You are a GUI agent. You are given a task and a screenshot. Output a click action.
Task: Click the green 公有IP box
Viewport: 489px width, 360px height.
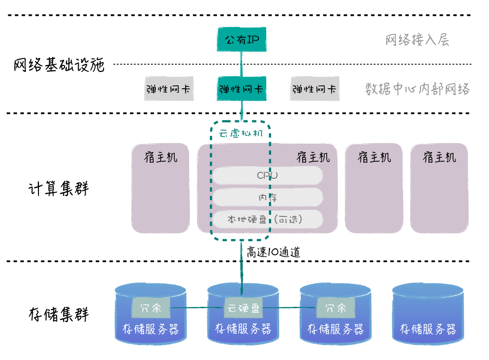click(x=242, y=40)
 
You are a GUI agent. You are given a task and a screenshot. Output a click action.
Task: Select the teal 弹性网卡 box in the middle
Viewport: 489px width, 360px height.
click(x=242, y=89)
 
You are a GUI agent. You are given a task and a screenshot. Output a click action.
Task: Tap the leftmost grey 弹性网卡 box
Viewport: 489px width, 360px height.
click(x=169, y=89)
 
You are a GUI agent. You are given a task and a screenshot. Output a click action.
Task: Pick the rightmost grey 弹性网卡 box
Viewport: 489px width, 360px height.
click(x=315, y=89)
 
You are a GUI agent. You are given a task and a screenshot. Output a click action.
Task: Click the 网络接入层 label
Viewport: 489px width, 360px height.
click(x=417, y=40)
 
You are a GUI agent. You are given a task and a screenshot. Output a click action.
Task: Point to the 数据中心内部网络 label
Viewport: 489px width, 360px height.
click(x=417, y=89)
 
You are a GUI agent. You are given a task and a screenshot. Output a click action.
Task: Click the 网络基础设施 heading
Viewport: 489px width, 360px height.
click(x=59, y=65)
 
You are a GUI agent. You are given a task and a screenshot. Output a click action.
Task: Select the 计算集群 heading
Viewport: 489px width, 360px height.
click(x=59, y=189)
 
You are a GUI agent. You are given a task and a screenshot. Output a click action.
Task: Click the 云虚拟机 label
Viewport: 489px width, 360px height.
click(x=241, y=133)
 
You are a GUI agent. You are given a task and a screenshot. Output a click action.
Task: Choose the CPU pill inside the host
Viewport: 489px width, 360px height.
click(x=268, y=175)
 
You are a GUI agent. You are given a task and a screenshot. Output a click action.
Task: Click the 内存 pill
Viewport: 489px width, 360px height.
click(x=268, y=197)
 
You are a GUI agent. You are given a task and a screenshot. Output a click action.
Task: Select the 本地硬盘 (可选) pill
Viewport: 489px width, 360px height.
click(x=268, y=219)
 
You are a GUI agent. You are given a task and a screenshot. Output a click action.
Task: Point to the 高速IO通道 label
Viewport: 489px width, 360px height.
click(x=273, y=252)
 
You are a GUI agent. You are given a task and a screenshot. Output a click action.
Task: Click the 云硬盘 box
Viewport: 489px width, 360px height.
click(x=243, y=307)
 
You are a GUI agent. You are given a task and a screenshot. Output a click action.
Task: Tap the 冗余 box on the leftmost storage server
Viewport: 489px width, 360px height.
click(x=151, y=307)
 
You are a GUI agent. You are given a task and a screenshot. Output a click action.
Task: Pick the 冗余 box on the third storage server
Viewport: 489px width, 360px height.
click(x=336, y=307)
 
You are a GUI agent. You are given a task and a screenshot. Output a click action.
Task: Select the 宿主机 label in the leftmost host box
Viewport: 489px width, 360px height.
click(x=161, y=157)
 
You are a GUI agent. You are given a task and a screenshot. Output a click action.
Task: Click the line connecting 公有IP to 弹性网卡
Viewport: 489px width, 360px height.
click(x=242, y=64)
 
